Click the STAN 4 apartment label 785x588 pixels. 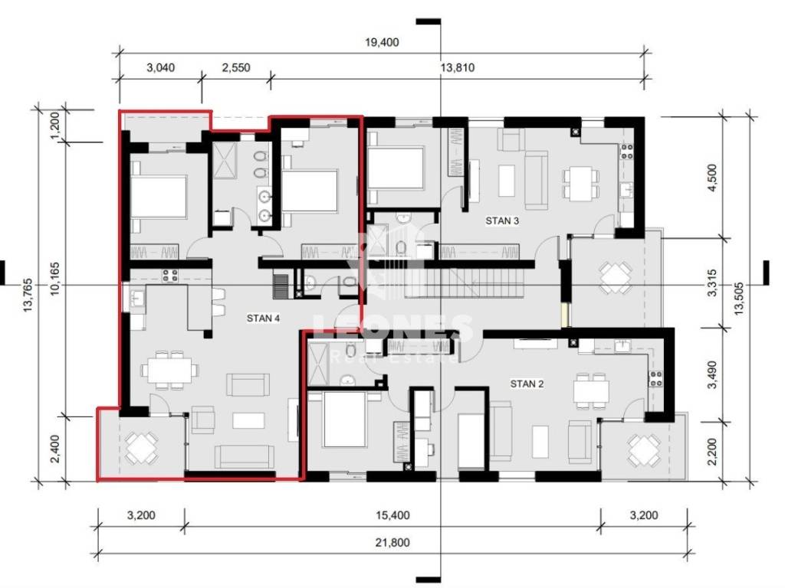263,318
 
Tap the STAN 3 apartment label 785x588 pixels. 502,220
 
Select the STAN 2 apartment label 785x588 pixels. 527,384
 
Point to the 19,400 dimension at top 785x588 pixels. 382,42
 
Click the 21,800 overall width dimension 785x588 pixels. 392,542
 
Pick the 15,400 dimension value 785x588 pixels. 392,515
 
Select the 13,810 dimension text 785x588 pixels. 457,67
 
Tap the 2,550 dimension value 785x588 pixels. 236,67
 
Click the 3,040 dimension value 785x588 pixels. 161,67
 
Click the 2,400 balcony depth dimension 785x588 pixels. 55,449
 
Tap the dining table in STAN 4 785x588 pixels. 169,370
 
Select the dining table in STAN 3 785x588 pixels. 581,182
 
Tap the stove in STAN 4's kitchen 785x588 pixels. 169,276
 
